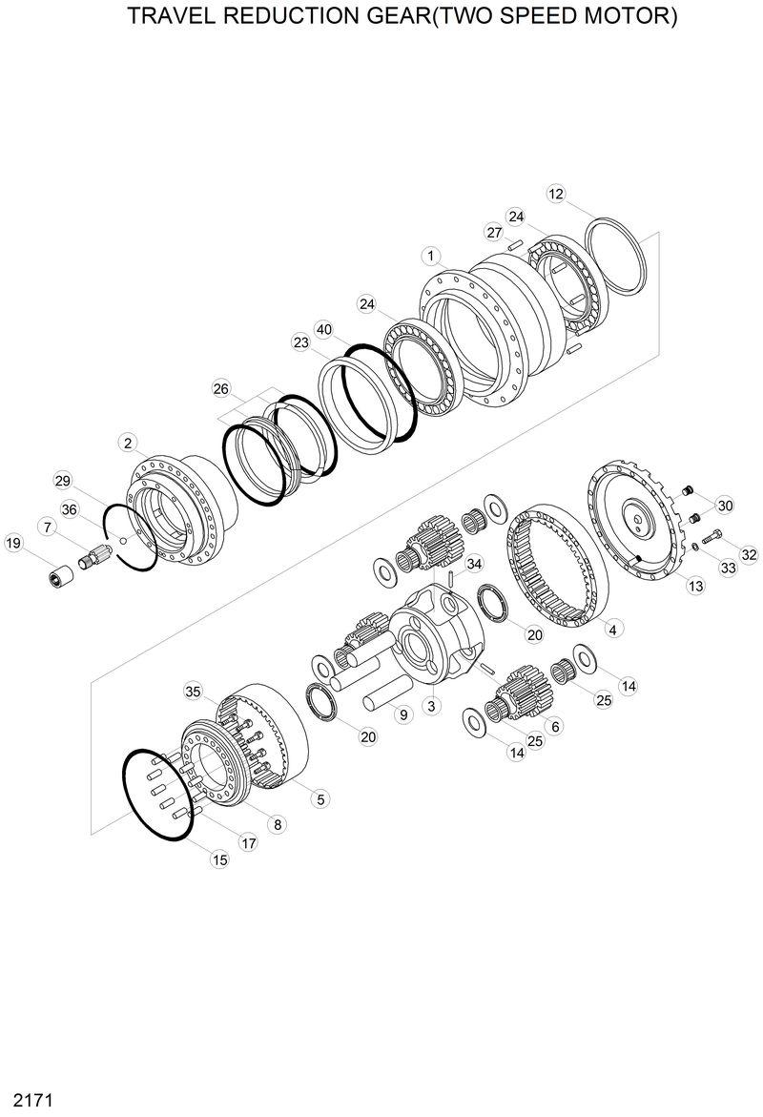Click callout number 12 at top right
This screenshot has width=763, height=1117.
pyautogui.click(x=557, y=194)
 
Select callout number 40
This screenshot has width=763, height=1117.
pyautogui.click(x=324, y=329)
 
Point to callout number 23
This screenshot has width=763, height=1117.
pyautogui.click(x=301, y=342)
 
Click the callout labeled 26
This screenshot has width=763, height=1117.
pyautogui.click(x=221, y=388)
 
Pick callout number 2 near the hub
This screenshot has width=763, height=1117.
pyautogui.click(x=127, y=442)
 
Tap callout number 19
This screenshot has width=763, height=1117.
pyautogui.click(x=13, y=544)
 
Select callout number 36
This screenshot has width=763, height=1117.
pyautogui.click(x=70, y=509)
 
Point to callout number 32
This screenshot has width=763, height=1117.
pyautogui.click(x=749, y=554)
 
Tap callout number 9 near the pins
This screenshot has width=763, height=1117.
pyautogui.click(x=402, y=714)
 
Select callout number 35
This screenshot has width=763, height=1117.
pyautogui.click(x=194, y=691)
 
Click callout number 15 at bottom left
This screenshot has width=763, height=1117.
pyautogui.click(x=220, y=859)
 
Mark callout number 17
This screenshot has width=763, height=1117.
pyautogui.click(x=248, y=843)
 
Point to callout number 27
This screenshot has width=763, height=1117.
pyautogui.click(x=494, y=233)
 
